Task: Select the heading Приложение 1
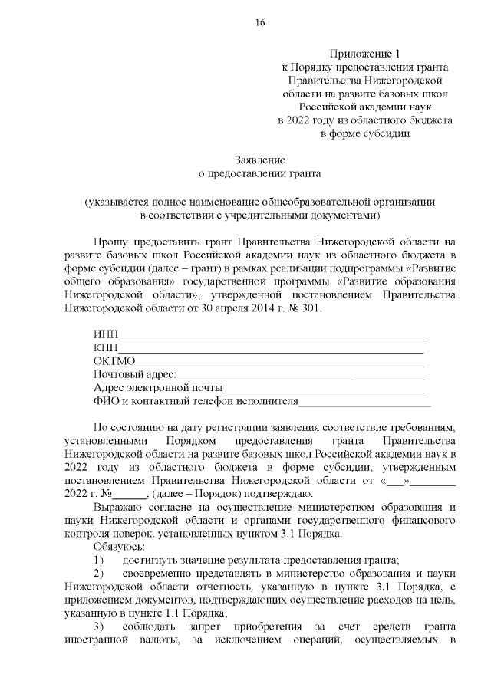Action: [x=364, y=54]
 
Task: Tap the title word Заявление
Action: [x=259, y=160]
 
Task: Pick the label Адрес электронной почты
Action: [x=157, y=388]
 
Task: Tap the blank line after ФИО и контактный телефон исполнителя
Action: [x=364, y=401]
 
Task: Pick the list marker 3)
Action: [x=100, y=627]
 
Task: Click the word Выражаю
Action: [x=116, y=507]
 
